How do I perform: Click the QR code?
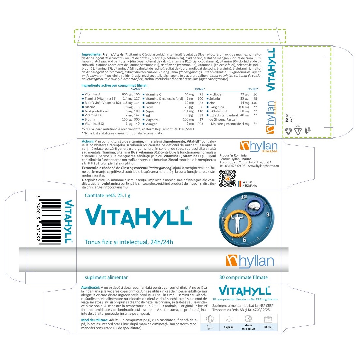coord(227,179)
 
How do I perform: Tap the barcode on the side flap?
coord(50,222)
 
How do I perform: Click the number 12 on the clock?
coord(244,197)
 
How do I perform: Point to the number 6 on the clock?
coord(244,240)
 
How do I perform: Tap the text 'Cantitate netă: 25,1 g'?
coord(108,196)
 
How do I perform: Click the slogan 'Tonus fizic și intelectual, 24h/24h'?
coord(129,242)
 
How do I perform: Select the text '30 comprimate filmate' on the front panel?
coord(243,277)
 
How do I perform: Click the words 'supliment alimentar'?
coord(106,277)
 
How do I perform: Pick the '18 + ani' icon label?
coord(210,327)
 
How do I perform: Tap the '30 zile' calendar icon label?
coord(268,327)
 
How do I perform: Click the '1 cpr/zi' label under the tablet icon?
coord(229,327)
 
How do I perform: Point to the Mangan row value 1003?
coord(199,124)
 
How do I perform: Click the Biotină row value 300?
coord(137,119)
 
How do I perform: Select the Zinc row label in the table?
coord(212,103)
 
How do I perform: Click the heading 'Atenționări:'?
coord(91,287)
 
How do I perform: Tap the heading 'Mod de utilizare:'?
coord(94,320)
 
